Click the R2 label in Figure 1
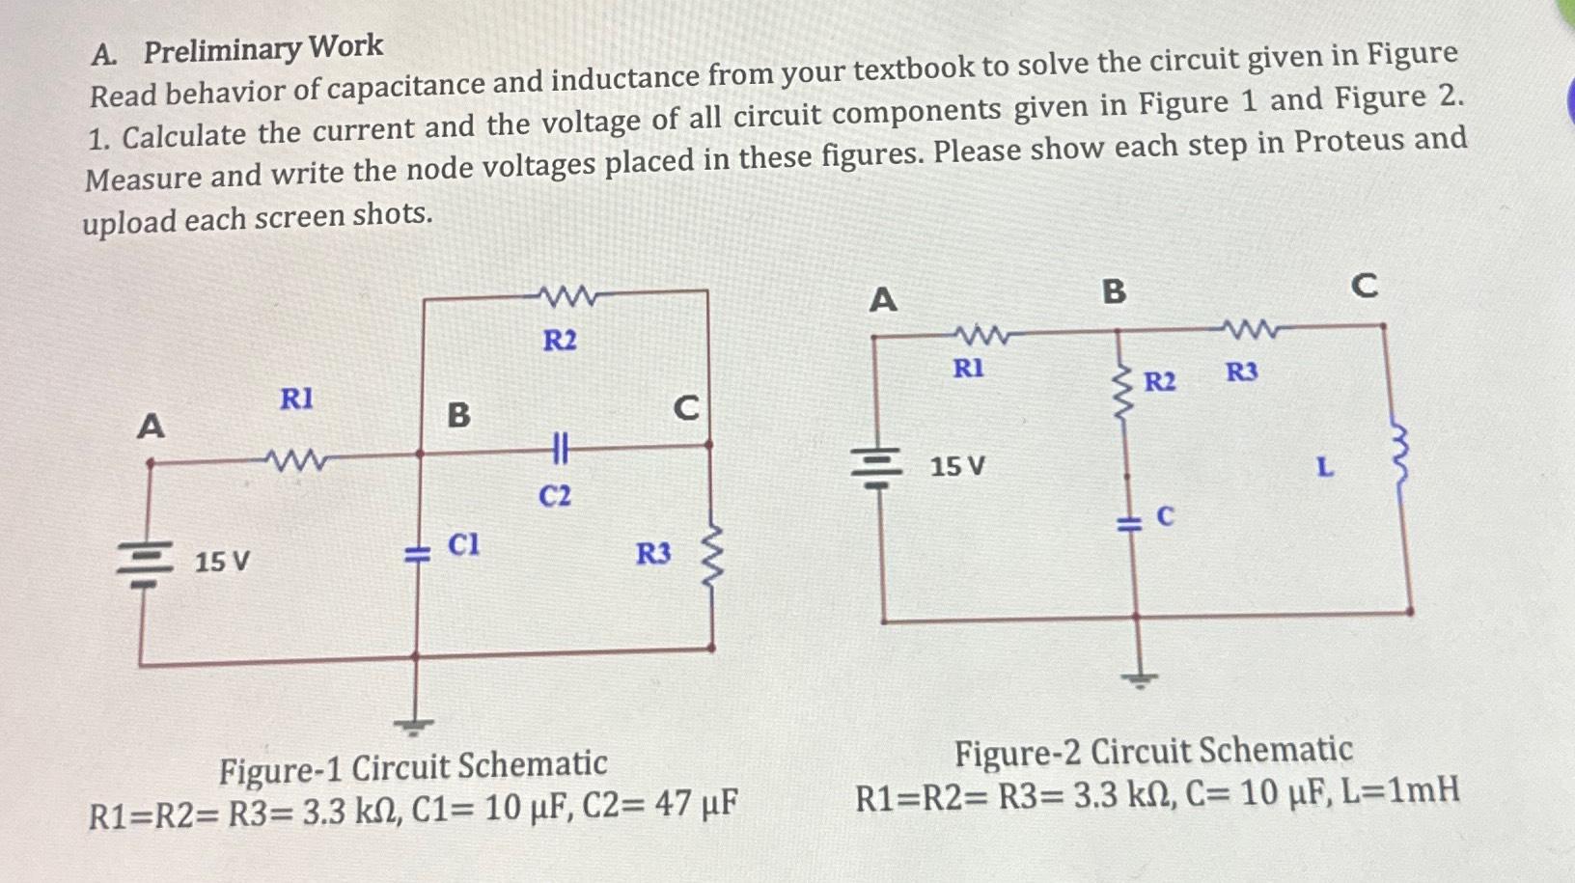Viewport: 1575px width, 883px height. [x=560, y=341]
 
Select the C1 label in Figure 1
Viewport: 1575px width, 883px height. [x=463, y=545]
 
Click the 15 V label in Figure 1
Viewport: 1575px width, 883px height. [x=222, y=561]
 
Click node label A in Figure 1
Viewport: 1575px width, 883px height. [x=151, y=426]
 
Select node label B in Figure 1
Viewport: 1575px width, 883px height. [x=458, y=415]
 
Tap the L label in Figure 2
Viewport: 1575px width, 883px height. [x=1326, y=469]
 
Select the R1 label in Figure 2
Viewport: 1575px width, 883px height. [x=968, y=369]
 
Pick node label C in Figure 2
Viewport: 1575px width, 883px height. [x=1364, y=286]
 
